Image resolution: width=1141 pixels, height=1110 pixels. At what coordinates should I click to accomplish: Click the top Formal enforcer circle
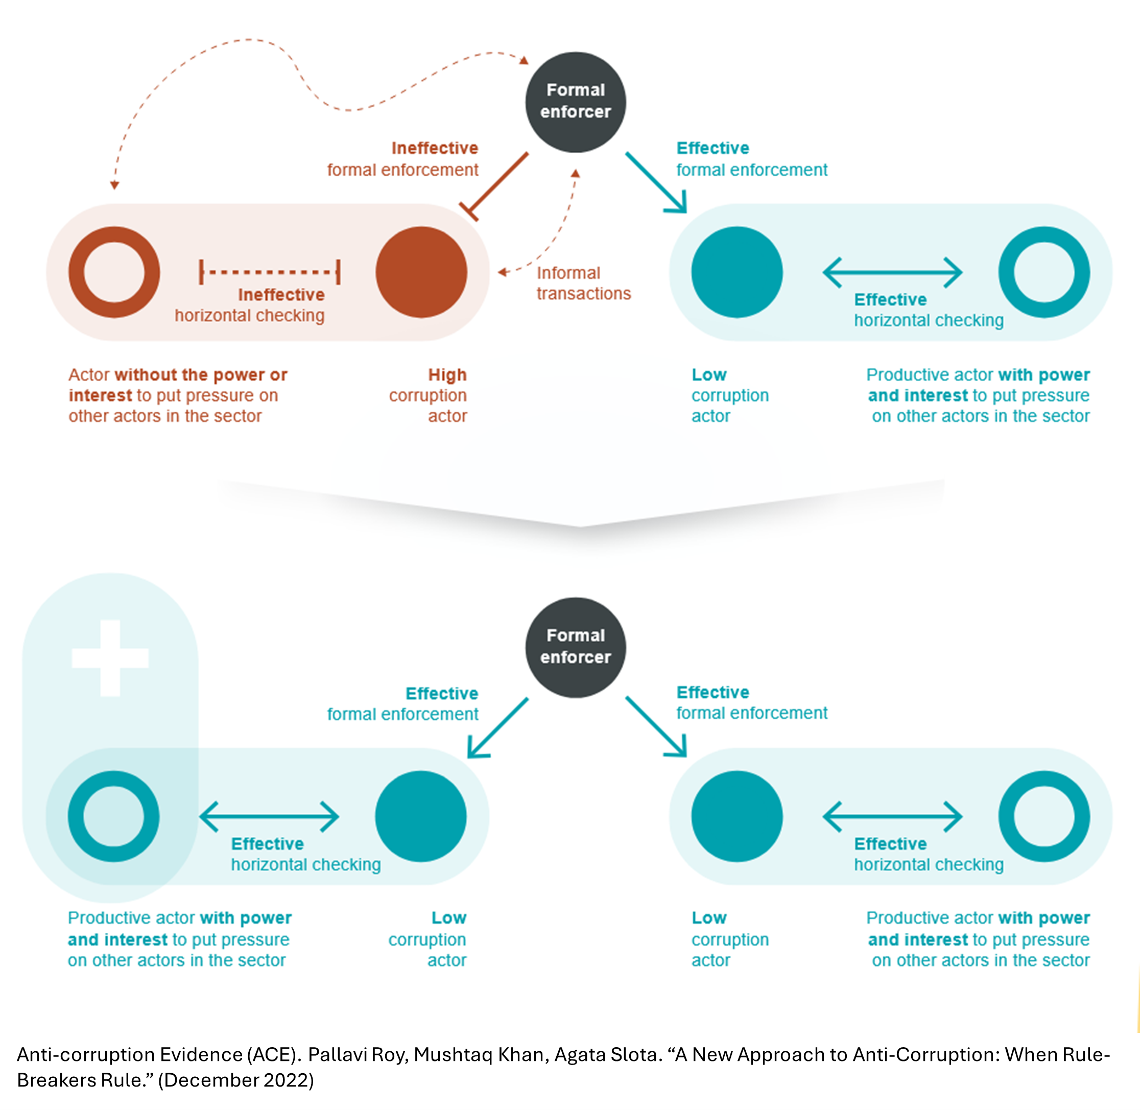click(576, 102)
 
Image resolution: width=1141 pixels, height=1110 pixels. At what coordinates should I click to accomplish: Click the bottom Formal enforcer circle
click(576, 647)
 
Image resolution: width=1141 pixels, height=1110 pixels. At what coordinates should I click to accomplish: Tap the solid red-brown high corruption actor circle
click(421, 272)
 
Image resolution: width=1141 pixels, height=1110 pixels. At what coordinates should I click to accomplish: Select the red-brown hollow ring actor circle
click(114, 272)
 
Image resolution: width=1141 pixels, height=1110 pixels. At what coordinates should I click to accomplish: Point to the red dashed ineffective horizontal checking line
click(269, 272)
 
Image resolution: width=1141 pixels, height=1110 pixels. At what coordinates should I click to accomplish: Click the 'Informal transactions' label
click(583, 284)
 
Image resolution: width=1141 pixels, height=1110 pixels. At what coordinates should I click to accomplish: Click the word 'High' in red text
click(447, 375)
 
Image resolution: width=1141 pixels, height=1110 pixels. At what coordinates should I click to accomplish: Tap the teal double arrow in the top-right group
click(892, 272)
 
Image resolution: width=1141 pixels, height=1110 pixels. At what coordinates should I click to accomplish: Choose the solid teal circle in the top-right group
click(737, 272)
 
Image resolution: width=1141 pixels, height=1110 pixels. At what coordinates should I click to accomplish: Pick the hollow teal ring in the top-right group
click(1043, 272)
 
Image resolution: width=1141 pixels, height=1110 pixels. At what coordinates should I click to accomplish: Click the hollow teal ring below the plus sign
click(114, 816)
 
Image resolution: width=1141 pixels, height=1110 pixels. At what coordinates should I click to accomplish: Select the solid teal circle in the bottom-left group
click(420, 816)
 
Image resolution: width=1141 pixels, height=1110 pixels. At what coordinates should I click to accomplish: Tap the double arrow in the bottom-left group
click(269, 816)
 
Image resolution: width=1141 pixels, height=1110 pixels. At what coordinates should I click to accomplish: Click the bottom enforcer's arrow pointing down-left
click(497, 728)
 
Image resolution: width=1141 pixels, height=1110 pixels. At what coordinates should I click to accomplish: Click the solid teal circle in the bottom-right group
click(737, 816)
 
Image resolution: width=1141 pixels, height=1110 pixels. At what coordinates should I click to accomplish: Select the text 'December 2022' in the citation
click(235, 1080)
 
